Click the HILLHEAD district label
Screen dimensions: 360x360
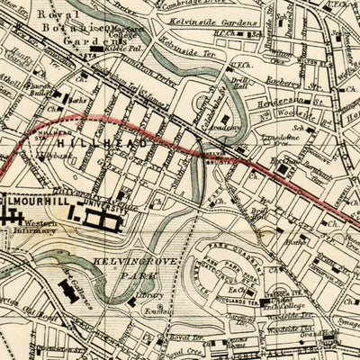91,144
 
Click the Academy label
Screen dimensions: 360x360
224,129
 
